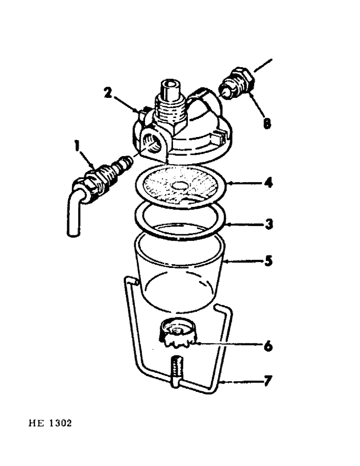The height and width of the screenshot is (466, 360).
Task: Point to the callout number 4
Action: [267, 182]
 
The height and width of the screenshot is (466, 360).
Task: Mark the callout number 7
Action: [267, 382]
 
